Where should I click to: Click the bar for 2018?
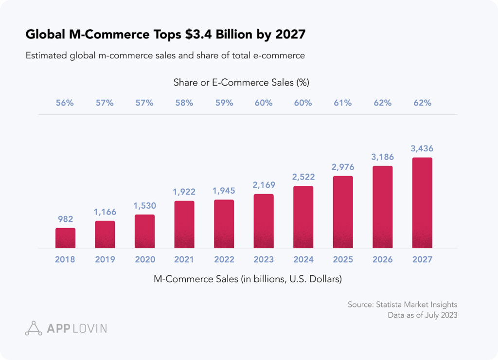[65, 238]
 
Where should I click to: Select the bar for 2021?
[184, 224]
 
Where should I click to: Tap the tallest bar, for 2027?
[422, 202]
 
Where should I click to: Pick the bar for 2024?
[303, 217]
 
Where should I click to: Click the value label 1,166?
[105, 212]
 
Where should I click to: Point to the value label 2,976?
[343, 167]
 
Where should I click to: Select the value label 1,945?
[224, 191]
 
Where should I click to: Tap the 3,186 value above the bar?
[382, 157]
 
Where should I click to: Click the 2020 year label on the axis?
[144, 260]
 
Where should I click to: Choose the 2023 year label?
[264, 260]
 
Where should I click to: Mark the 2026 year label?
[382, 260]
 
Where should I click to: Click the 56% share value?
[65, 103]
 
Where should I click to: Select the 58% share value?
[184, 103]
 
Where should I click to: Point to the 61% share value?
[343, 103]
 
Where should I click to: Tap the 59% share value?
[224, 103]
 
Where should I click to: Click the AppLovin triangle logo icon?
[34, 328]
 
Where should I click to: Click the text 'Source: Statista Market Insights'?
[402, 305]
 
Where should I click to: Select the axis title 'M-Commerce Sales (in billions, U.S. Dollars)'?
[248, 279]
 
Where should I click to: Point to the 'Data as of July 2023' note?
[422, 315]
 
